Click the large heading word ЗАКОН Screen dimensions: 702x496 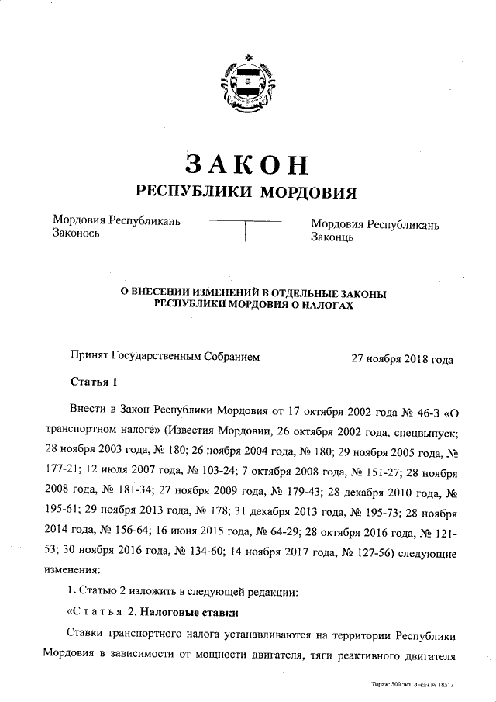pos(247,163)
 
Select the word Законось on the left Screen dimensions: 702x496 pos(75,236)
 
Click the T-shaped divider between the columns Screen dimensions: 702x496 pos(245,231)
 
